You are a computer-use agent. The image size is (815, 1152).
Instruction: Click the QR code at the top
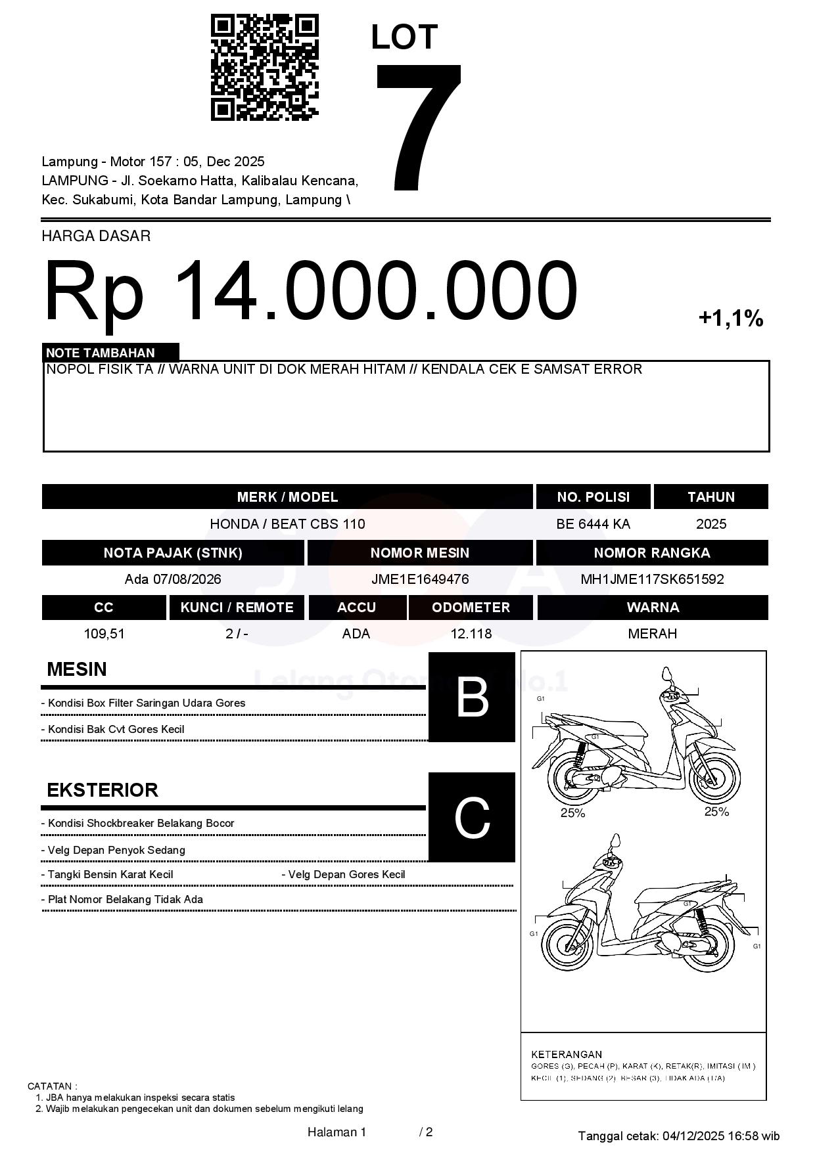coord(264,68)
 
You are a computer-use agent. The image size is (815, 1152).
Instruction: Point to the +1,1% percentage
coord(730,319)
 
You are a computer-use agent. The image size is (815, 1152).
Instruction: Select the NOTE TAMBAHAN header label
coord(101,353)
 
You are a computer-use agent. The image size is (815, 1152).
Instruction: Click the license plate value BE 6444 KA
coord(593,523)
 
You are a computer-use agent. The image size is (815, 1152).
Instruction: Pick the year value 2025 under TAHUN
coord(711,523)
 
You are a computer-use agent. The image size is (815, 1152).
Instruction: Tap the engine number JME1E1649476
coord(420,579)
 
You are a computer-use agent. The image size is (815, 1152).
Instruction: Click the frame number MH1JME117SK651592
coord(652,579)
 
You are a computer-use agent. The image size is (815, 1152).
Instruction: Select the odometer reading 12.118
coord(471,634)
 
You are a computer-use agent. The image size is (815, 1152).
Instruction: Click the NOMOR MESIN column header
coord(420,552)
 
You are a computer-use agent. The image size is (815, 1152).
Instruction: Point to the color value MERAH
coord(652,634)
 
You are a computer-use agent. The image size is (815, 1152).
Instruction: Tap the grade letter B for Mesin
coord(472,697)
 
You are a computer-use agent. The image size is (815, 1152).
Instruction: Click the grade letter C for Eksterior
coord(472,817)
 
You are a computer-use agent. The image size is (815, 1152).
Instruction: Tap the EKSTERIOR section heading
coord(103,789)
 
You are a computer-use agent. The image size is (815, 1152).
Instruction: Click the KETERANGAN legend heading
coord(566,1054)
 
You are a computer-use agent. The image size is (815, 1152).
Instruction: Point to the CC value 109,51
coord(104,634)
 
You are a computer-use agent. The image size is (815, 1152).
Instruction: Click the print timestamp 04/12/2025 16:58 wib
coord(721,1136)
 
